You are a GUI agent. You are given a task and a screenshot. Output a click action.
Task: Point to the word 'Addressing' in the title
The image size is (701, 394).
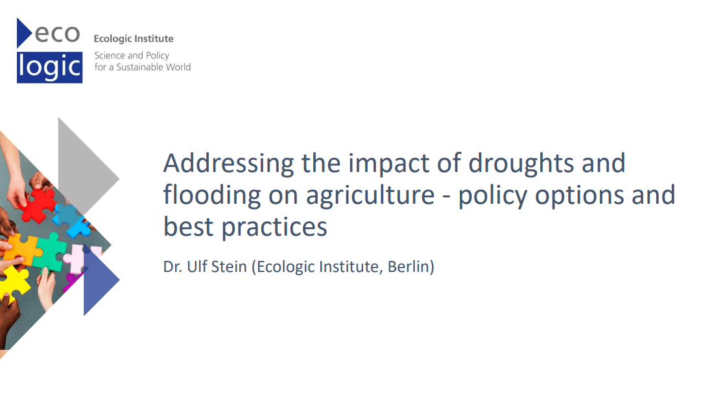click(x=228, y=162)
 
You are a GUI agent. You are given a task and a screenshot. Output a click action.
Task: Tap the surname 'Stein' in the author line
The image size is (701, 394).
click(x=229, y=266)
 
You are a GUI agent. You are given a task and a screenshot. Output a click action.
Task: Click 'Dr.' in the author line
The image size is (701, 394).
click(x=172, y=266)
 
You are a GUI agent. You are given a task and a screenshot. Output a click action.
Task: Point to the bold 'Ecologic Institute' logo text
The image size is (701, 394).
click(x=134, y=39)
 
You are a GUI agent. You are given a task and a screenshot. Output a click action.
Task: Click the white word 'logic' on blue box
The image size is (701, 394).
click(x=50, y=67)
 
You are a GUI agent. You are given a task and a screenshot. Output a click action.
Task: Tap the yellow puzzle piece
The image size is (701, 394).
click(x=14, y=282)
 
